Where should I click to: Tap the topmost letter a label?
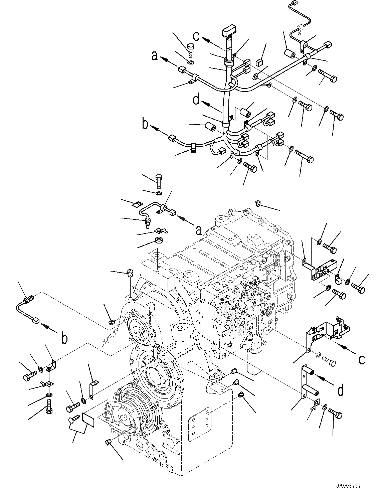click(155, 55)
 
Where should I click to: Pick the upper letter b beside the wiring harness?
click(145, 125)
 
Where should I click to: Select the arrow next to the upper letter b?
click(159, 131)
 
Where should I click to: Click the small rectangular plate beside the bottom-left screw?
click(88, 419)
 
